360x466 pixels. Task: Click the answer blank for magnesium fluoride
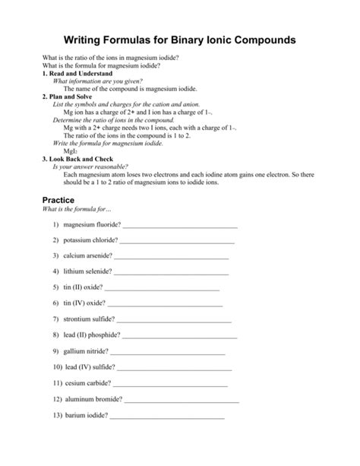point(180,226)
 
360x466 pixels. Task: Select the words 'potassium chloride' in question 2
point(90,240)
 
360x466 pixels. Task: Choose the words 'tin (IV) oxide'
point(84,303)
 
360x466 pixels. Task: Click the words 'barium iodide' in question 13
point(85,415)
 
